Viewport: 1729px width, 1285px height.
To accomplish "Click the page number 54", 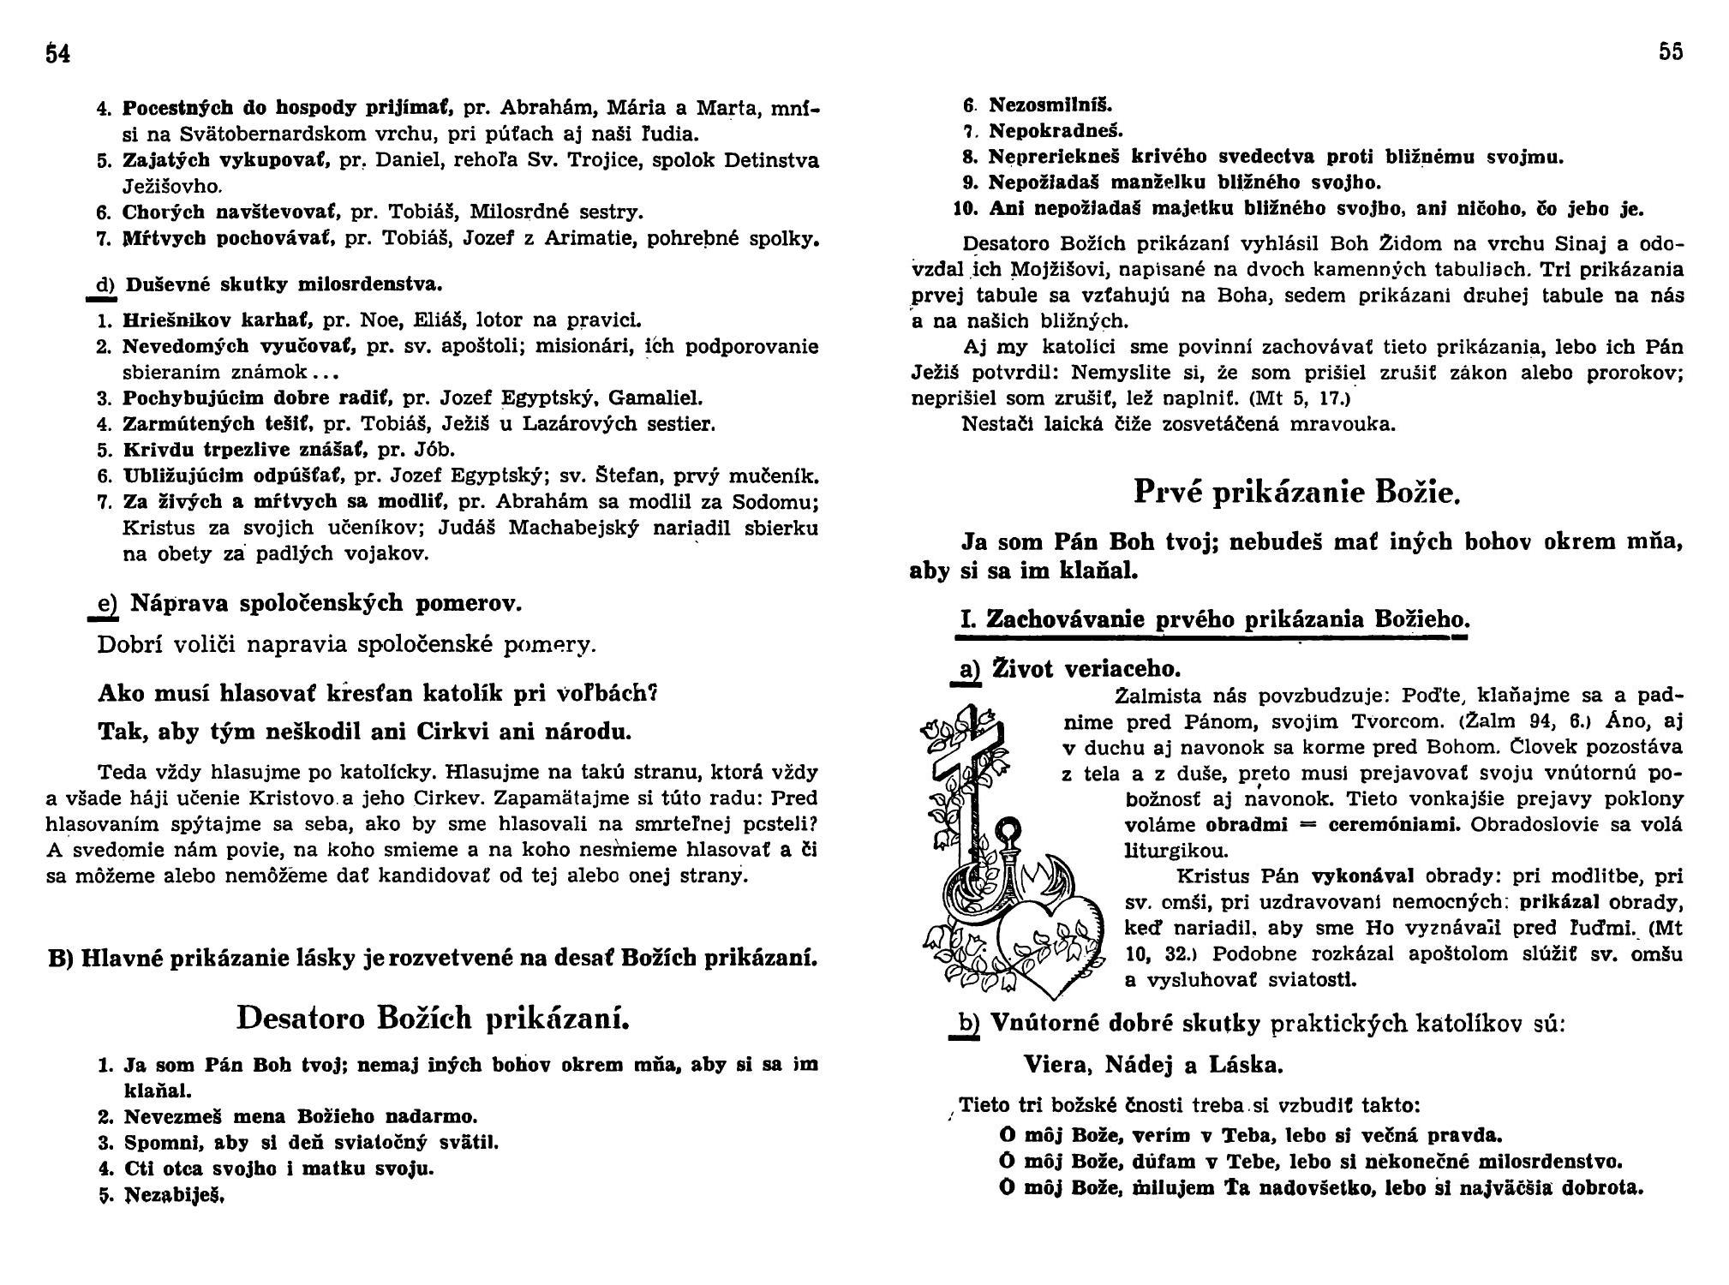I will (57, 54).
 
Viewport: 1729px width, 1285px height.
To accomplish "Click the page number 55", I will (1671, 52).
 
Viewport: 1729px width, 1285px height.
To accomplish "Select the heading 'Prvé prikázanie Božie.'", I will (1296, 493).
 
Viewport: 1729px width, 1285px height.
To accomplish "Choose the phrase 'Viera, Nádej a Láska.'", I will (1154, 1065).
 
